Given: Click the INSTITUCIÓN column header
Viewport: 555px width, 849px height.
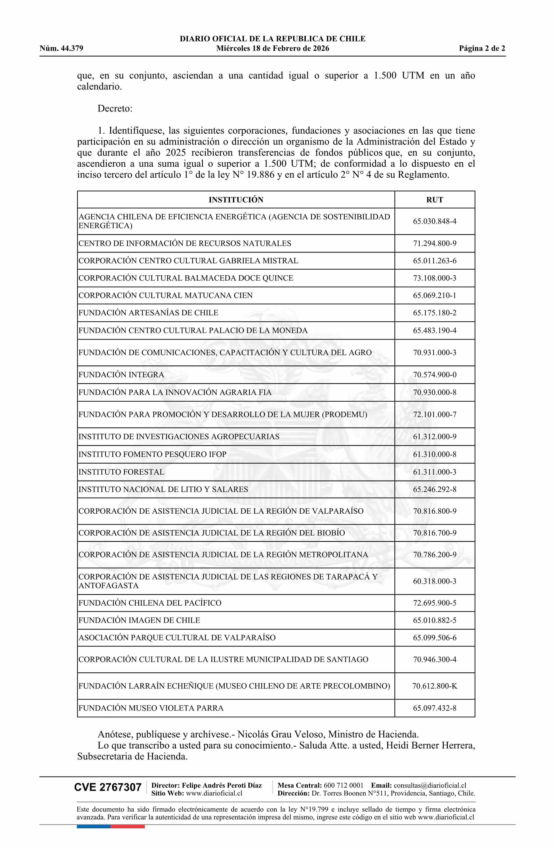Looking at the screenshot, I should tap(236, 200).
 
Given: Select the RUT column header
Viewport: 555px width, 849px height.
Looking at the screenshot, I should tap(434, 200).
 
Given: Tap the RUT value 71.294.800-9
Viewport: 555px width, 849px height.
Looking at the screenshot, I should tap(434, 243).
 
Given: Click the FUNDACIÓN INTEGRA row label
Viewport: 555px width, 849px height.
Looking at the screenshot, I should tap(121, 375).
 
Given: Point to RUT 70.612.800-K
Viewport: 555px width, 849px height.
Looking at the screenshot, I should tap(434, 686).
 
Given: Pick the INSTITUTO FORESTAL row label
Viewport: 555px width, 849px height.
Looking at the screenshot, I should tap(121, 472).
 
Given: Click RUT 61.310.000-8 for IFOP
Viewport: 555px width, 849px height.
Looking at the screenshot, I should tap(434, 455).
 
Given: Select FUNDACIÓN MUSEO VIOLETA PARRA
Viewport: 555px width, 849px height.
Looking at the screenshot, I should tap(151, 708).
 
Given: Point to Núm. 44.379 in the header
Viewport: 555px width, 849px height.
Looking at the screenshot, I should tap(61, 49).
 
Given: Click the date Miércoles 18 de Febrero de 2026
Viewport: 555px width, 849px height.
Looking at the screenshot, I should tap(272, 49).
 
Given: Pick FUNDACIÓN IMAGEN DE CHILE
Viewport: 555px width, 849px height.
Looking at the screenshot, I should tap(139, 620).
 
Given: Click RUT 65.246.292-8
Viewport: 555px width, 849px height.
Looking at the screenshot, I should tap(434, 489).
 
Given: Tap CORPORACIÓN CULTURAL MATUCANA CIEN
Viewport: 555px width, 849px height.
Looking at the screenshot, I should tap(165, 295).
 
